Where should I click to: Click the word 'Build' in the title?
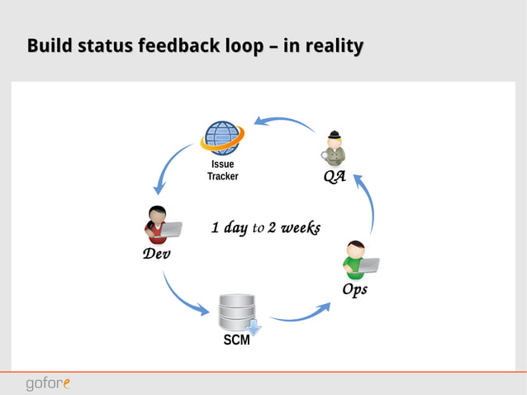point(49,45)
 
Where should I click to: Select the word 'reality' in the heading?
point(333,45)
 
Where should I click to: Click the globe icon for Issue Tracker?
point(222,138)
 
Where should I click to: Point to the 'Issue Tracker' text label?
point(222,170)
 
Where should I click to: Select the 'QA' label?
point(334,178)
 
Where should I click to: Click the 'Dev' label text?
point(156,254)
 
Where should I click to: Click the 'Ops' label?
point(354,290)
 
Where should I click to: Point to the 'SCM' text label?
point(236,340)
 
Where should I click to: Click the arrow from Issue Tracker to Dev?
point(169,170)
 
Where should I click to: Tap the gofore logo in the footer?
point(47,383)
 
